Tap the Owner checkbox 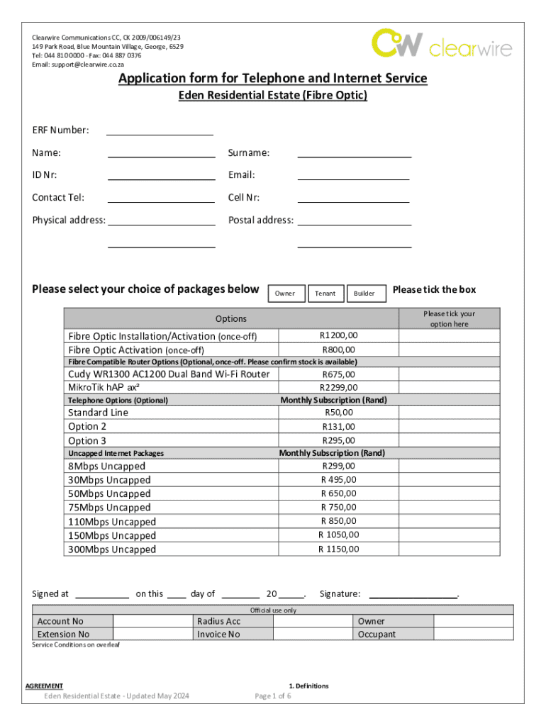(285, 294)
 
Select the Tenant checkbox (325, 294)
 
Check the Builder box (365, 294)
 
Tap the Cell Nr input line (353, 201)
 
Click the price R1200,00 (339, 335)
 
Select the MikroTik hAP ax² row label (104, 387)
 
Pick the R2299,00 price (339, 387)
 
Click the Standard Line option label (98, 413)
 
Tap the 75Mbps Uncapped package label (109, 508)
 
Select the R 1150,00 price (338, 549)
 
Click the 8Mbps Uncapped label (106, 467)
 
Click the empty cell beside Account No (152, 621)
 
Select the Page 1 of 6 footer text (272, 696)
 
